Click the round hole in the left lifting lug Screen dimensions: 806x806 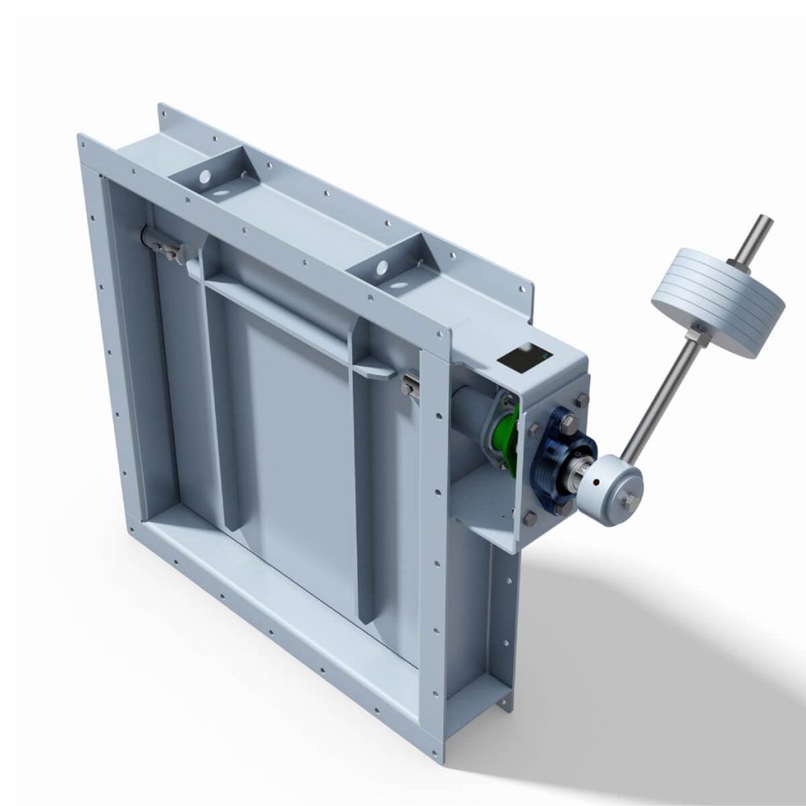coord(205,177)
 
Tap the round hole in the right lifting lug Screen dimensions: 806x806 coord(382,268)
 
